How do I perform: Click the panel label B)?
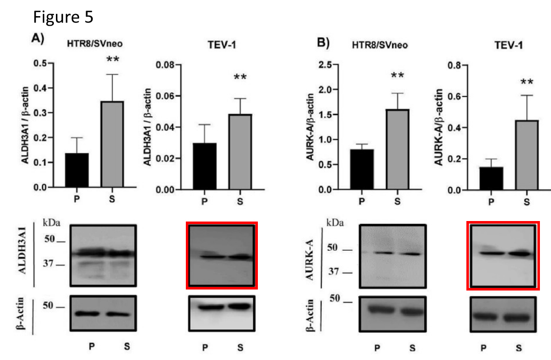click(322, 42)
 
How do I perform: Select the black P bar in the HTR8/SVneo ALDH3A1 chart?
click(77, 170)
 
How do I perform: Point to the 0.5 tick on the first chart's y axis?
click(40, 63)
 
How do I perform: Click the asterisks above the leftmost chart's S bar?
click(112, 59)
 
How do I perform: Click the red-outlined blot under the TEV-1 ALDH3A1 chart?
click(222, 255)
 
